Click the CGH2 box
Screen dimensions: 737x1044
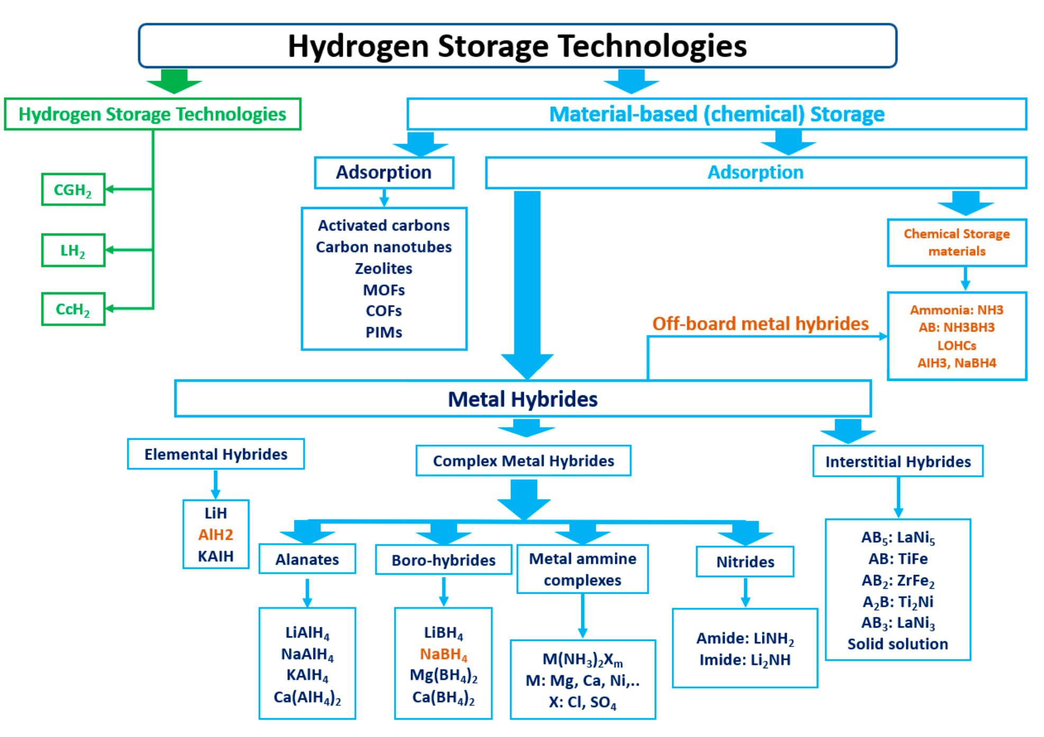click(x=73, y=190)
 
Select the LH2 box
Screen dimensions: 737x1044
click(x=73, y=250)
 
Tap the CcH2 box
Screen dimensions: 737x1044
click(x=73, y=309)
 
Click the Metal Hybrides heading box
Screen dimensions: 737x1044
click(x=522, y=399)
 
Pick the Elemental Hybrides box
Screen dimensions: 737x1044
click(x=216, y=454)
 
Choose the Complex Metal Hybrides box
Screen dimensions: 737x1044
click(x=523, y=461)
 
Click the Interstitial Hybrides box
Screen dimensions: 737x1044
click(x=898, y=462)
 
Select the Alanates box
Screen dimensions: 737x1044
click(x=307, y=560)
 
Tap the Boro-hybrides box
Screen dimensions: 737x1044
click(x=443, y=560)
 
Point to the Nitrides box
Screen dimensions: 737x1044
click(x=745, y=562)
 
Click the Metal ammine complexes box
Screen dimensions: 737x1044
click(x=583, y=569)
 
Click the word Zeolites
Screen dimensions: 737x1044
click(x=384, y=268)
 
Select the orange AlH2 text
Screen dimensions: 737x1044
click(x=216, y=535)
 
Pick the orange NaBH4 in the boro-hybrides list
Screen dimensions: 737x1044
click(x=443, y=655)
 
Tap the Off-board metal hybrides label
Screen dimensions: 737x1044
click(x=760, y=323)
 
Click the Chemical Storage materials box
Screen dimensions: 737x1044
click(x=957, y=242)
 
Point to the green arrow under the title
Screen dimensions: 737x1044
click(x=174, y=81)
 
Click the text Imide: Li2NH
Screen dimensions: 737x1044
click(x=745, y=660)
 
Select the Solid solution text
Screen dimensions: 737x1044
click(x=898, y=644)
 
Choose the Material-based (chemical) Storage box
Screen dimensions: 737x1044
click(x=716, y=114)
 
